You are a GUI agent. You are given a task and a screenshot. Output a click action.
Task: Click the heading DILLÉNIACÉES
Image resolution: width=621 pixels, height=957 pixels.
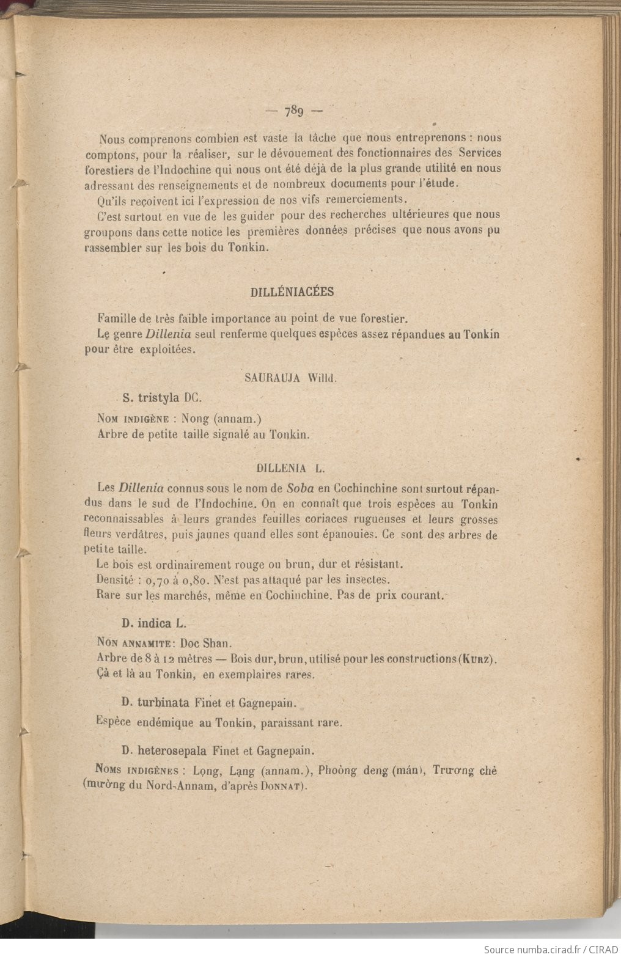pyautogui.click(x=292, y=292)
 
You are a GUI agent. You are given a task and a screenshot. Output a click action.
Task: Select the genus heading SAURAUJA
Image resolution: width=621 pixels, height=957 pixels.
pyautogui.click(x=272, y=378)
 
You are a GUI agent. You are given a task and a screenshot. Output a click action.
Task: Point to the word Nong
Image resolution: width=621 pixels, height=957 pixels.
pyautogui.click(x=195, y=419)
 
